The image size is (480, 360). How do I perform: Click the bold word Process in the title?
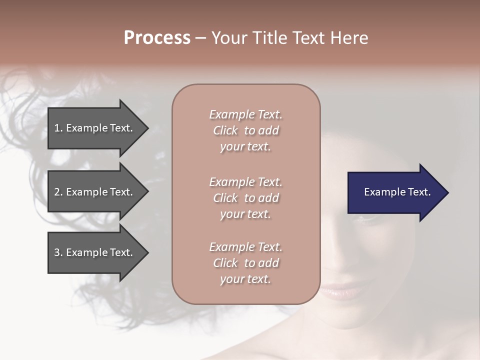click(157, 38)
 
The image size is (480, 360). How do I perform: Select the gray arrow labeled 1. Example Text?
click(95, 128)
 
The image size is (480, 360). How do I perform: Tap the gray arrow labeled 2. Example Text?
click(95, 192)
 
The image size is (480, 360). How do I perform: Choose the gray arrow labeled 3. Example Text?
click(95, 252)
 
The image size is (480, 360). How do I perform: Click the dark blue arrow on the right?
click(395, 192)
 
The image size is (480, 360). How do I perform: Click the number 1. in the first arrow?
click(58, 128)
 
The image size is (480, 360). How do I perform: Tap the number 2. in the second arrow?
click(58, 192)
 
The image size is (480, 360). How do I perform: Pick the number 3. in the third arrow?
click(58, 252)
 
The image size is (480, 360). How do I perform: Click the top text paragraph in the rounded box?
click(245, 130)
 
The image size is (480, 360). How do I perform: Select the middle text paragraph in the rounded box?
click(245, 198)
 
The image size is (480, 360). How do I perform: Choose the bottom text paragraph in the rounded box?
click(245, 263)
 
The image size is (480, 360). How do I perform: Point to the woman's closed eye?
click(365, 217)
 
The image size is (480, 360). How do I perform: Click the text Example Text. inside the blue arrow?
click(397, 192)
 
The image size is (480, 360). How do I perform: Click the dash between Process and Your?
click(201, 38)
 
